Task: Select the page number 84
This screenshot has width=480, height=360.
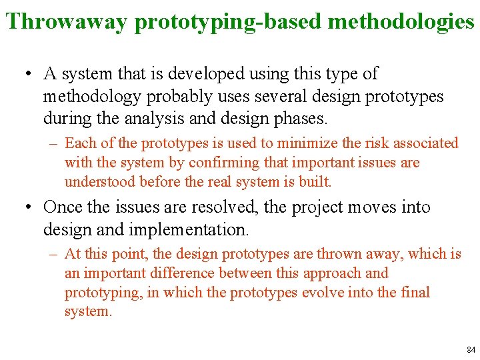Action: click(x=471, y=350)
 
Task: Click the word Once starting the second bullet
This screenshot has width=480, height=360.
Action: click(x=63, y=207)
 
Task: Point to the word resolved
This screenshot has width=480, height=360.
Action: click(x=225, y=207)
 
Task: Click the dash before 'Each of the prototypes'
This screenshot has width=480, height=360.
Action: click(x=52, y=143)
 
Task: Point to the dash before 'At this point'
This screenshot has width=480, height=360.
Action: click(x=52, y=254)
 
